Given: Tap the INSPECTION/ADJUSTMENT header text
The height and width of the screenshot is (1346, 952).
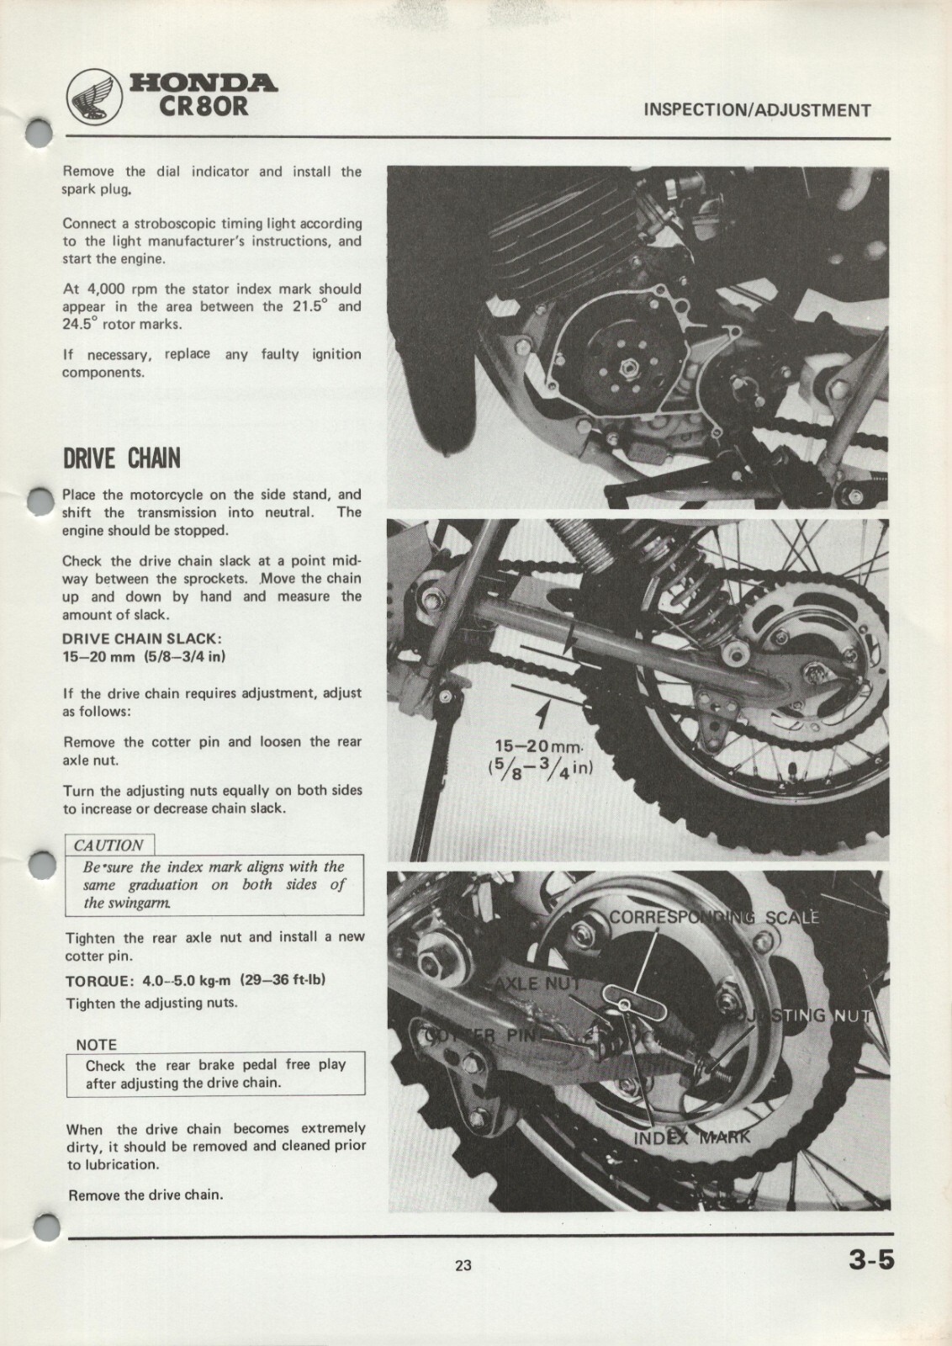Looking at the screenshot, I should coord(756,110).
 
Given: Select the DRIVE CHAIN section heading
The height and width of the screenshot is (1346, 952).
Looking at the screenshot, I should coord(121,459).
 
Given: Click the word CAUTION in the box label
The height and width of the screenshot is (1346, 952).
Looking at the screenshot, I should coord(108,845).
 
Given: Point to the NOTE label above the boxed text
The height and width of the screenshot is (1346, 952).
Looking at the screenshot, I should coord(96,1044).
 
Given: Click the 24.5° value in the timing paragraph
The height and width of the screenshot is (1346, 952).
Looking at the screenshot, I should coord(79,324).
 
